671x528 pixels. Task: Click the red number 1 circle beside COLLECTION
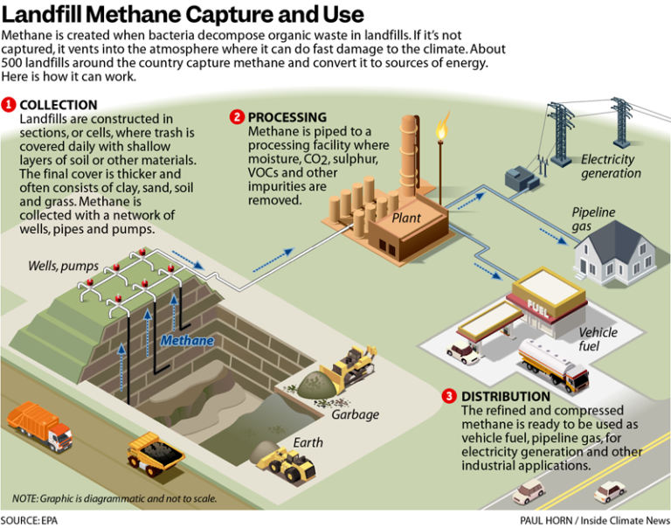click(9, 105)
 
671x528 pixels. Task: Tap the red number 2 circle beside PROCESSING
click(237, 117)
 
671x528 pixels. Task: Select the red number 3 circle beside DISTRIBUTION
click(449, 396)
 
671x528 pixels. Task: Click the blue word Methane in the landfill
click(186, 340)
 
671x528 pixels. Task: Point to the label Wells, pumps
click(57, 265)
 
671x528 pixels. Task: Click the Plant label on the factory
click(407, 218)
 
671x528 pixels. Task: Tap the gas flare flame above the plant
click(441, 129)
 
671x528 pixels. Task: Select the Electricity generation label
click(611, 166)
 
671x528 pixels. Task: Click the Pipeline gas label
click(593, 219)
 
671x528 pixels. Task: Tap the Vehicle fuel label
click(598, 339)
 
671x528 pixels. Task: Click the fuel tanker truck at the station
click(553, 363)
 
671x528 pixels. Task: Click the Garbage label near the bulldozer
click(355, 413)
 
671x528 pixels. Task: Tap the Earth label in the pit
click(308, 442)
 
